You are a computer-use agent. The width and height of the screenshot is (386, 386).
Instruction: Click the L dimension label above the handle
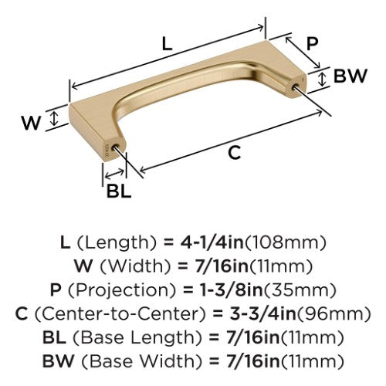click(x=167, y=43)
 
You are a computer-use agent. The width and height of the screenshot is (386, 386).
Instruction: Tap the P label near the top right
click(x=313, y=43)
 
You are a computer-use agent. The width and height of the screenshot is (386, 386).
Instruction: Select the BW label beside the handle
click(x=350, y=76)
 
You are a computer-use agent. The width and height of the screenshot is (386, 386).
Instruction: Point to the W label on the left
click(x=31, y=123)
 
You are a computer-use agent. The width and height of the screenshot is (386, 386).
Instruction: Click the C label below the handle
click(x=234, y=153)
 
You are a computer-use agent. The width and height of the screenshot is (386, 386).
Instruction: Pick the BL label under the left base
click(x=119, y=191)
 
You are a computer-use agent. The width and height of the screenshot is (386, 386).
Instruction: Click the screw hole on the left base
click(x=116, y=147)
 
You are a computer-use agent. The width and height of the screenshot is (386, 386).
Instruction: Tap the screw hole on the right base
click(x=295, y=86)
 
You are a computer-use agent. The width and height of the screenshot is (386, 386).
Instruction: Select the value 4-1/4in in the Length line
click(x=210, y=242)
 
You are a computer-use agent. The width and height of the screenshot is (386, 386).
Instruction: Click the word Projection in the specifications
click(x=122, y=290)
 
